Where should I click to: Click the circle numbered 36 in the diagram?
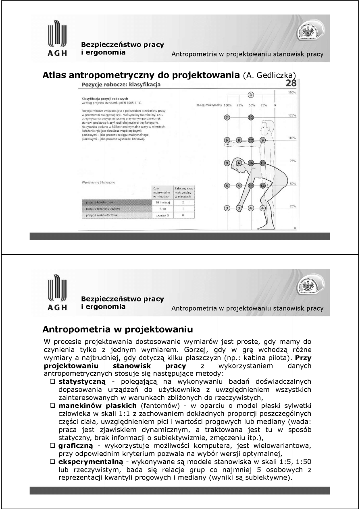pyautogui.click(x=251, y=163)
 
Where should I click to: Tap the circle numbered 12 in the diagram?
pyautogui.click(x=251, y=117)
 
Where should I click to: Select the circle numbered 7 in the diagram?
pyautogui.click(x=227, y=117)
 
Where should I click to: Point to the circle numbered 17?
pyautogui.click(x=251, y=140)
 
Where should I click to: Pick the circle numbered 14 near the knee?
pyautogui.click(x=262, y=186)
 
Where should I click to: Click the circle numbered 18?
pyautogui.click(x=262, y=163)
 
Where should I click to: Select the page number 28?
pyautogui.click(x=291, y=83)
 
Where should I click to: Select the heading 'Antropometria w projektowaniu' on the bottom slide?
pyautogui.click(x=115, y=329)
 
